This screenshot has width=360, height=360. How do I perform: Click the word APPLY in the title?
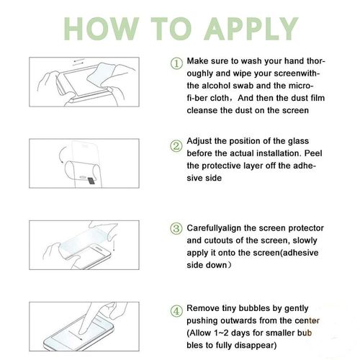(251, 29)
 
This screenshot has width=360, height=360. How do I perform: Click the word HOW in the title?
(102, 29)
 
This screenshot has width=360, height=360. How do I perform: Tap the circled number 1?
(176, 64)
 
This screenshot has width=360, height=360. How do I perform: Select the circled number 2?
(176, 146)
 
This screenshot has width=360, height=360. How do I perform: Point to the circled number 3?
(176, 228)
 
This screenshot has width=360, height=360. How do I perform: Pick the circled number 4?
(176, 311)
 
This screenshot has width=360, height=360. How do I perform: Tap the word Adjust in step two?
(199, 141)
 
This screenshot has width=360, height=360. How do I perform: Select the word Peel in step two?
(313, 153)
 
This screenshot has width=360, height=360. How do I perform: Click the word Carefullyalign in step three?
(214, 228)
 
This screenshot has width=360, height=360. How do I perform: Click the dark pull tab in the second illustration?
(91, 181)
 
